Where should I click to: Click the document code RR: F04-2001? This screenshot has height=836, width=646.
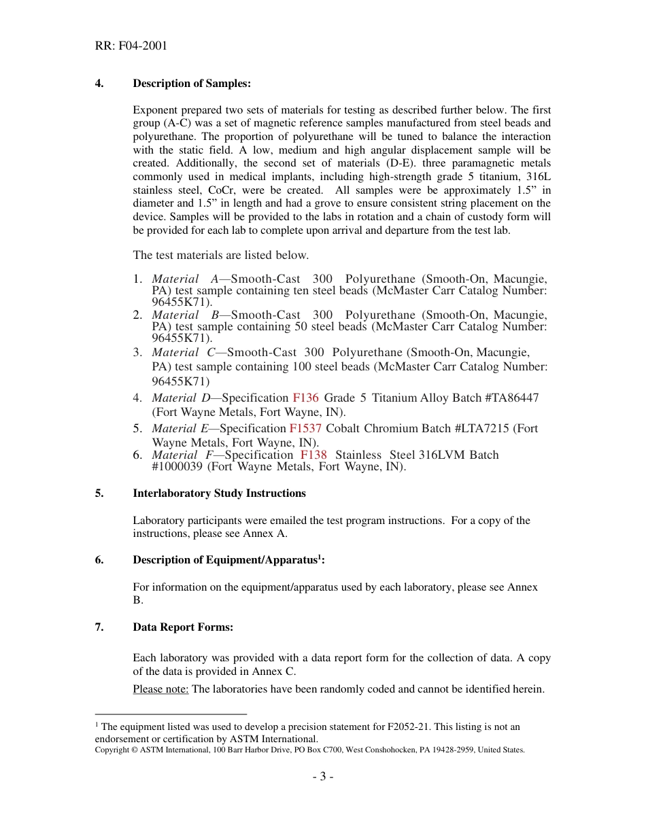(131, 46)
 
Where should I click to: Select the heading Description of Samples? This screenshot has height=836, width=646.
(192, 84)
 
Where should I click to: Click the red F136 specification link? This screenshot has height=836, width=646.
(305, 398)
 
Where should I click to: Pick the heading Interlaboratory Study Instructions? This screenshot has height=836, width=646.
(219, 493)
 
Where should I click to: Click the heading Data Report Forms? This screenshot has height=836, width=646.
(183, 627)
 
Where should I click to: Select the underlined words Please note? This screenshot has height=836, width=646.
(160, 689)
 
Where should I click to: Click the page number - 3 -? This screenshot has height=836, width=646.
(322, 777)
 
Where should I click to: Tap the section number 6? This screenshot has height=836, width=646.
(99, 560)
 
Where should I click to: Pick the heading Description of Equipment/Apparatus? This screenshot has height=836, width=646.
(225, 560)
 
